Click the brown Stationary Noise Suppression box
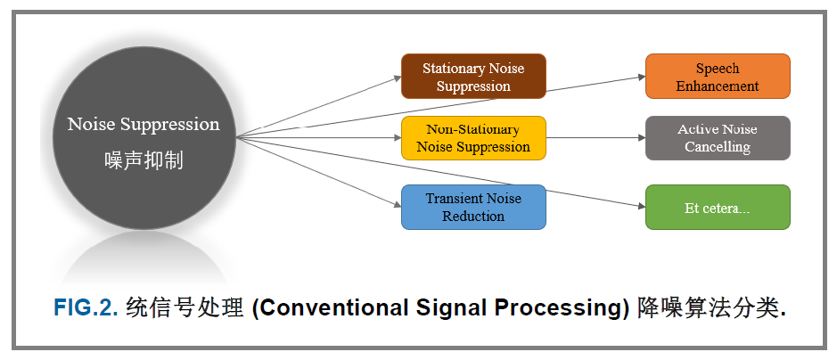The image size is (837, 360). pyautogui.click(x=472, y=77)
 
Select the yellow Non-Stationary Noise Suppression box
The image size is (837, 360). pyautogui.click(x=472, y=138)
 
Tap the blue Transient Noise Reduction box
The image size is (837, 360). pyautogui.click(x=472, y=207)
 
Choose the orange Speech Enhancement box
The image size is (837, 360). pyautogui.click(x=718, y=77)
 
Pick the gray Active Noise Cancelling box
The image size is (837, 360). pyautogui.click(x=718, y=138)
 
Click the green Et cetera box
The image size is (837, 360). pyautogui.click(x=718, y=207)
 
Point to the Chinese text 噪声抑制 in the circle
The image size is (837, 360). pyautogui.click(x=144, y=160)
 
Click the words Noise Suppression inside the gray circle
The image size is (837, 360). pyautogui.click(x=144, y=124)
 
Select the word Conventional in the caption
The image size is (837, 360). pyautogui.click(x=328, y=308)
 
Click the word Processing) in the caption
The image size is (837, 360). pyautogui.click(x=570, y=308)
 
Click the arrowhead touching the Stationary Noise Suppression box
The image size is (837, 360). pyautogui.click(x=397, y=78)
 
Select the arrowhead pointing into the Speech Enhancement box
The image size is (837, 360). pyautogui.click(x=641, y=78)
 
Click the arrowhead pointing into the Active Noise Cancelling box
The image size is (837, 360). pyautogui.click(x=641, y=138)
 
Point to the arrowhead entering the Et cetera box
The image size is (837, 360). pyautogui.click(x=641, y=205)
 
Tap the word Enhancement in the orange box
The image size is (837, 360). pyautogui.click(x=718, y=86)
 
